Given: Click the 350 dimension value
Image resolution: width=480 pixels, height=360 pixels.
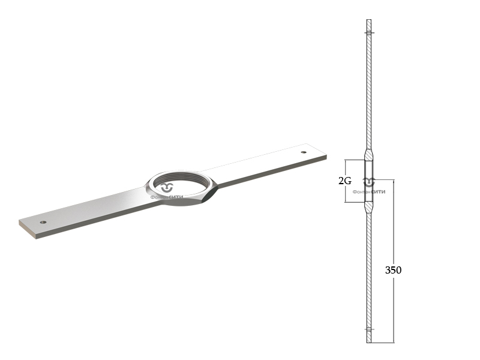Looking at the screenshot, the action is click(x=393, y=270).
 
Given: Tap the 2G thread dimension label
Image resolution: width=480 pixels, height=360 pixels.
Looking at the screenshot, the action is click(x=344, y=181).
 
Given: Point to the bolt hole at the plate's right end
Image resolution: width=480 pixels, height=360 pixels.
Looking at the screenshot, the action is click(x=304, y=152).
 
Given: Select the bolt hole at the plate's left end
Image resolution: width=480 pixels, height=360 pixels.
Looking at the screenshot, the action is click(x=43, y=222).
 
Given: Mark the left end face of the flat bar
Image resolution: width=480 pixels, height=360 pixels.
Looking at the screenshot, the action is click(x=28, y=229).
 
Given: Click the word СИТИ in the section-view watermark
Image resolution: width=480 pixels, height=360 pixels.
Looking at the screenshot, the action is click(x=379, y=192).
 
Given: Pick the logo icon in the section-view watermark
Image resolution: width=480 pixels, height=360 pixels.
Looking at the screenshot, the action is click(x=369, y=182).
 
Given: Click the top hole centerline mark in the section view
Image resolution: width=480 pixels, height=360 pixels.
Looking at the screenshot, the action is click(x=369, y=32).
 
